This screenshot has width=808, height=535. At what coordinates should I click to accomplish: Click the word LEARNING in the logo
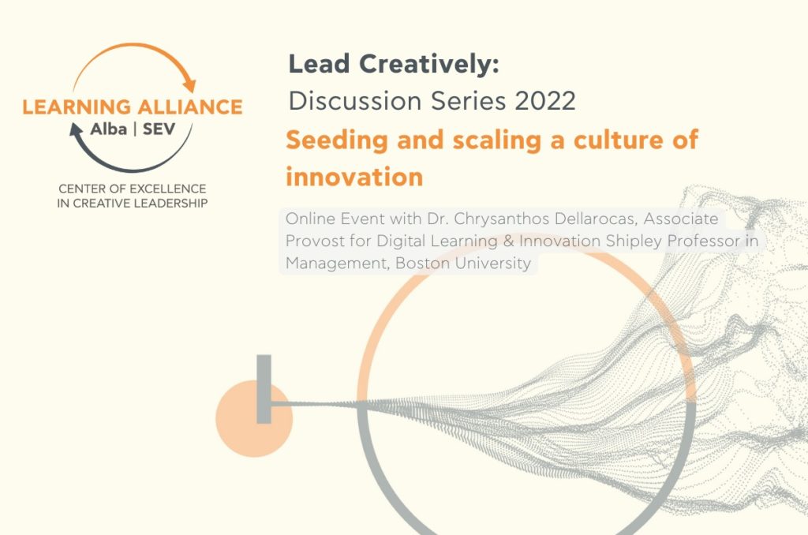(77, 107)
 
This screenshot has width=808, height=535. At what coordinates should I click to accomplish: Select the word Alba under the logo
(109, 129)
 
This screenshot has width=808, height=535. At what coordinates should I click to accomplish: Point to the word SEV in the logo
(159, 129)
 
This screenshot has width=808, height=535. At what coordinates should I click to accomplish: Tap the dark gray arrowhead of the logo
(77, 129)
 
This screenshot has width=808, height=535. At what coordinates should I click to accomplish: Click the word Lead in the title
(319, 64)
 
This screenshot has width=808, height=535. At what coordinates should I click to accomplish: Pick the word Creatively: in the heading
(429, 65)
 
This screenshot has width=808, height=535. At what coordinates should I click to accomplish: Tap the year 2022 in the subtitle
(545, 100)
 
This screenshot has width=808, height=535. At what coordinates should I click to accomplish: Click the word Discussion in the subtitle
(355, 100)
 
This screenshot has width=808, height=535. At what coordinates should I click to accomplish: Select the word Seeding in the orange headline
(336, 140)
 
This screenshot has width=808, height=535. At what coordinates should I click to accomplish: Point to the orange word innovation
(354, 177)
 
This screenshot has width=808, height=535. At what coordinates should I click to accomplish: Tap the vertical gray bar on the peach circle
(264, 389)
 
